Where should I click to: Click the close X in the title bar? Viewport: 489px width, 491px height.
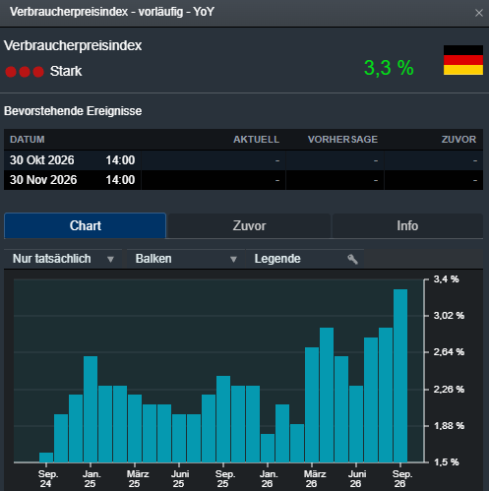(479, 13)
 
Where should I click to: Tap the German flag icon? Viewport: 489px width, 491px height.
(463, 60)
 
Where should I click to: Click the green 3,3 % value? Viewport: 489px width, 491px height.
(389, 68)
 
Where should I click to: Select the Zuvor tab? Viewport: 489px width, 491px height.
(249, 225)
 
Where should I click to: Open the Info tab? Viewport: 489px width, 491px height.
(407, 225)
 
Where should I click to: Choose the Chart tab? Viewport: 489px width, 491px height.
(86, 225)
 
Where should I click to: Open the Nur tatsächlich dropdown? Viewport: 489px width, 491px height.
(63, 259)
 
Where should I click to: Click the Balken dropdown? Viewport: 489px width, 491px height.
(186, 259)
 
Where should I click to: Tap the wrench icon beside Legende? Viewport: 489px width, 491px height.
(352, 259)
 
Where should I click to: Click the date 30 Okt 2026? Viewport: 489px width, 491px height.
(42, 160)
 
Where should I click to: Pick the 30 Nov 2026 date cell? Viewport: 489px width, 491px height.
(43, 180)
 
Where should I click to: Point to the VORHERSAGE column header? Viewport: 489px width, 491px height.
(342, 140)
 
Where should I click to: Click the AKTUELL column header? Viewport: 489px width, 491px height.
(256, 140)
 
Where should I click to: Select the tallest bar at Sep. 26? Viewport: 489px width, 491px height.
(400, 376)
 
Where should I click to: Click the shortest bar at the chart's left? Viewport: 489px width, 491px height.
(46, 458)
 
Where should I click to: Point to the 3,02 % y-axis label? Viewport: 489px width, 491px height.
(449, 316)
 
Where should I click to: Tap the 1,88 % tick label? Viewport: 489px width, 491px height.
(449, 426)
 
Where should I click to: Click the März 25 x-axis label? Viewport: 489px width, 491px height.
(138, 479)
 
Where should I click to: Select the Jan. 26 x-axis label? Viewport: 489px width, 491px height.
(269, 479)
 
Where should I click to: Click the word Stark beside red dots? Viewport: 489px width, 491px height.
(66, 71)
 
